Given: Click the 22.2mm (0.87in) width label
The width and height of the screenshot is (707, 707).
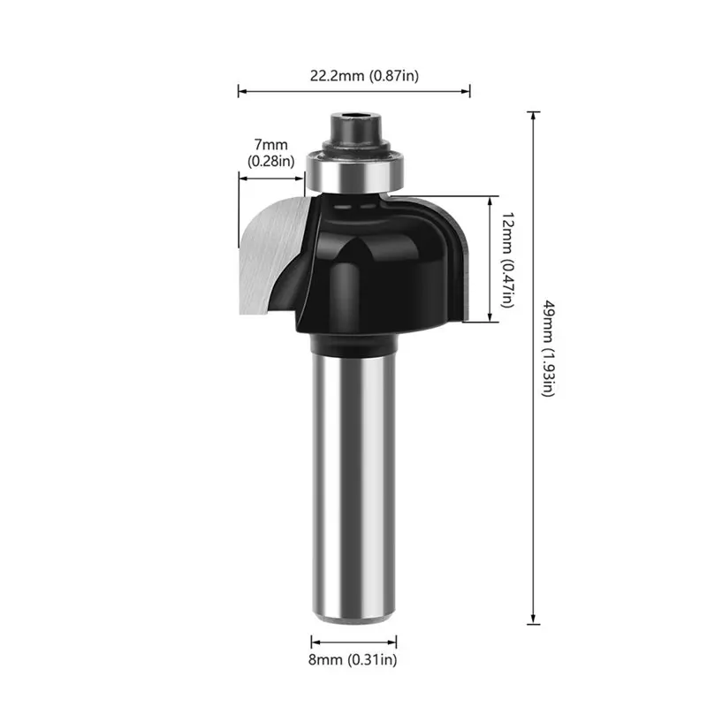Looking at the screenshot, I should (364, 76).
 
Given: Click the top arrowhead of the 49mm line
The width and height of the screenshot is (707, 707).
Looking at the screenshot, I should (533, 115).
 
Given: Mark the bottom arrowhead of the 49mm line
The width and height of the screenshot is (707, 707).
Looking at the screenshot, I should (533, 621).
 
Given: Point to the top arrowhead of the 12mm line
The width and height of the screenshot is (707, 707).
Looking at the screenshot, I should (489, 200).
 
